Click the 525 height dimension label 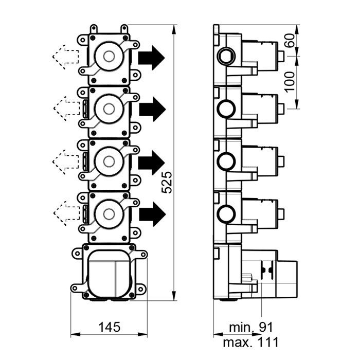coord(167,182)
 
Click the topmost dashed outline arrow coord(65,55)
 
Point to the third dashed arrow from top coord(65,160)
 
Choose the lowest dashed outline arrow coord(65,211)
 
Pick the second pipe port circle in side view coord(226,109)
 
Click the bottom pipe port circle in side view coord(226,213)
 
